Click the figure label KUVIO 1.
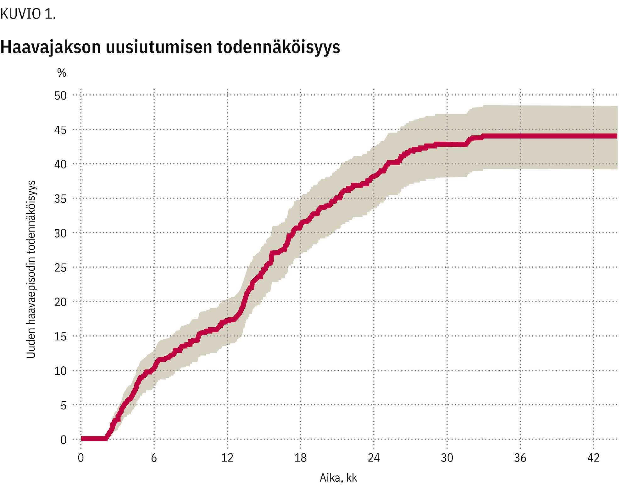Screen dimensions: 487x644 tap(28, 14)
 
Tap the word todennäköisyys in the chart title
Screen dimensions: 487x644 tap(279, 47)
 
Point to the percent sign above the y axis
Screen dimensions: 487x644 tap(62, 73)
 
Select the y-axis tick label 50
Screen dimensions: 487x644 tap(60, 96)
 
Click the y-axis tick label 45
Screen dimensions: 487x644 tap(60, 130)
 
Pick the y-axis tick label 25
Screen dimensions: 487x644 tap(60, 268)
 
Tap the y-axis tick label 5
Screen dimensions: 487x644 tap(64, 405)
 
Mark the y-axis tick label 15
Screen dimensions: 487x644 tap(60, 337)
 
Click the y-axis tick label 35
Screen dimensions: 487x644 tap(60, 199)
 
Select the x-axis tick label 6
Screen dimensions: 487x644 tap(154, 458)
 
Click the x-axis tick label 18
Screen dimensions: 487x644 tap(300, 458)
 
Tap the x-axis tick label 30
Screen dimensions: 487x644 tap(447, 458)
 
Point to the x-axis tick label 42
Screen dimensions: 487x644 tap(593, 458)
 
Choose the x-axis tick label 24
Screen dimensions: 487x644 tap(374, 458)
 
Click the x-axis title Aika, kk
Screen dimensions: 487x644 tap(338, 478)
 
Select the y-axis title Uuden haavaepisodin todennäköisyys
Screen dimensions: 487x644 tap(31, 269)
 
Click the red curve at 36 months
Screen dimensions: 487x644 tap(520, 136)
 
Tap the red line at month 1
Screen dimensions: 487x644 tap(93, 439)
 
